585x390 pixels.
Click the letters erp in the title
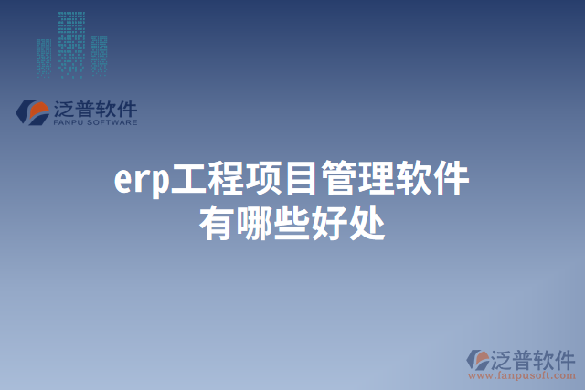(x=143, y=181)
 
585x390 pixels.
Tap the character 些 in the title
(x=292, y=222)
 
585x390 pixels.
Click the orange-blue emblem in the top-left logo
(x=34, y=112)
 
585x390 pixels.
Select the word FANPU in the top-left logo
(x=69, y=121)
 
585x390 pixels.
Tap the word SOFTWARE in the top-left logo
(x=113, y=121)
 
